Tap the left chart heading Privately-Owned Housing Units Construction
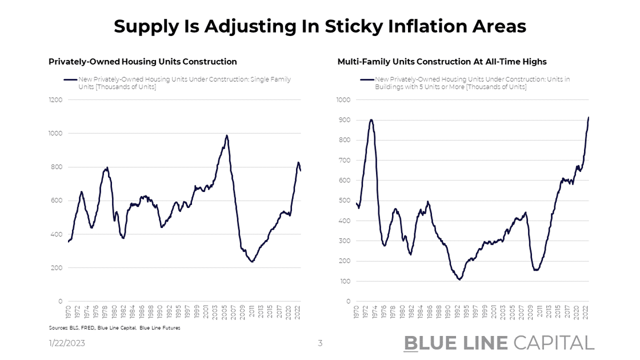click(142, 62)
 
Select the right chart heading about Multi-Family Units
click(442, 62)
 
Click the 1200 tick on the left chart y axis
click(56, 100)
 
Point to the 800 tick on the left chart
click(57, 167)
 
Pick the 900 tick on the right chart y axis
click(343, 120)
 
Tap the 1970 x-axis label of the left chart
click(69, 311)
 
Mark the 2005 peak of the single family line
click(227, 135)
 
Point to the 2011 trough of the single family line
click(252, 262)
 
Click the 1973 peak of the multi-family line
click(371, 120)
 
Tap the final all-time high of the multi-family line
click(589, 117)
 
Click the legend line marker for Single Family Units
click(70, 79)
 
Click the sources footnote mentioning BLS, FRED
click(114, 328)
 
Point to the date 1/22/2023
click(66, 343)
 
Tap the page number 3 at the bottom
click(320, 343)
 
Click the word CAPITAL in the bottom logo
click(554, 343)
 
